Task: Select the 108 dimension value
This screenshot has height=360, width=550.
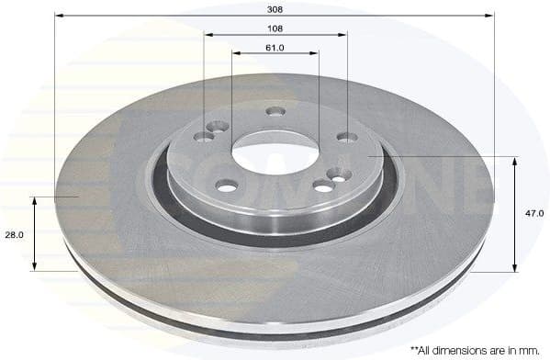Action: tap(275, 28)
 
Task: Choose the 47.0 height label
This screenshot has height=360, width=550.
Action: tap(534, 213)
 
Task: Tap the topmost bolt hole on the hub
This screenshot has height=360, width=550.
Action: tap(275, 112)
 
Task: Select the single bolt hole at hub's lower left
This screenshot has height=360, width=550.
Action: tap(227, 186)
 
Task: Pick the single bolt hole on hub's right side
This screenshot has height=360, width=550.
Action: tap(347, 138)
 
